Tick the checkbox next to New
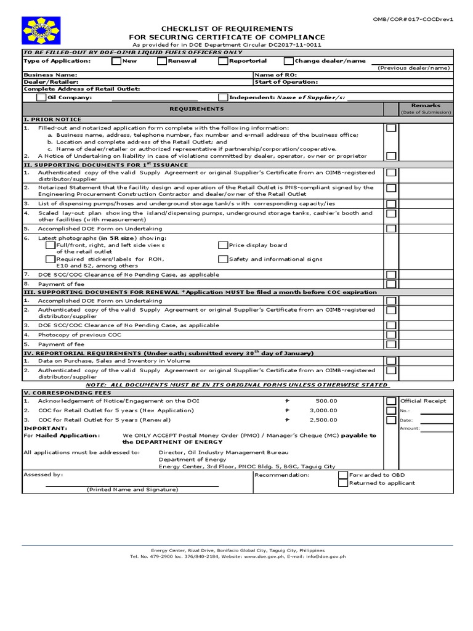point(116,61)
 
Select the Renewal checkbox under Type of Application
point(163,61)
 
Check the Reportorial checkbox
point(223,61)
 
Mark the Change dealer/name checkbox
point(288,61)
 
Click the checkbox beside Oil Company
point(41,97)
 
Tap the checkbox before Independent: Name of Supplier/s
point(223,97)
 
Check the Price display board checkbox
point(223,245)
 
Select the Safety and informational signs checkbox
point(223,259)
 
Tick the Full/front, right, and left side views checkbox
point(51,245)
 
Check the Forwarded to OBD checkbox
point(343,475)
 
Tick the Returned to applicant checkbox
point(343,484)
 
